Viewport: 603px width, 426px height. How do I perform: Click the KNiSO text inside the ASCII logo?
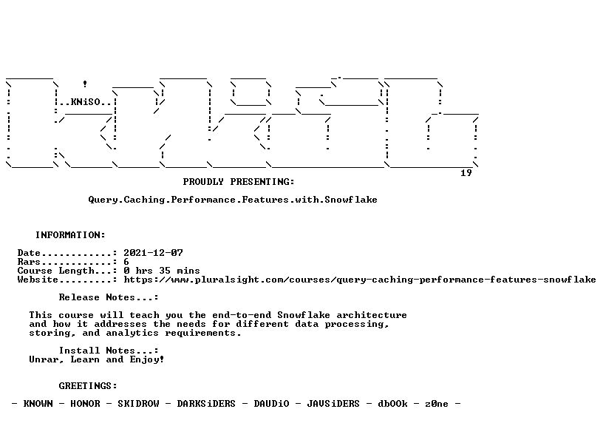(86, 102)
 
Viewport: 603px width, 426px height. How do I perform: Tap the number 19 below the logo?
(466, 173)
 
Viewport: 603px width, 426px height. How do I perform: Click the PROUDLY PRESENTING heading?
(239, 182)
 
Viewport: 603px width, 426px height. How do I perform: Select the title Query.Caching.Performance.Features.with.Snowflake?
(233, 200)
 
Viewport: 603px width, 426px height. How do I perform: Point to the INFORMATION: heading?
(70, 235)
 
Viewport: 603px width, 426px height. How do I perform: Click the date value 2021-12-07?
(153, 253)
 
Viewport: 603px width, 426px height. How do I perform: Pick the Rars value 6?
(126, 262)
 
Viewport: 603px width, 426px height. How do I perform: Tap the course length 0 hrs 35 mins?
(162, 271)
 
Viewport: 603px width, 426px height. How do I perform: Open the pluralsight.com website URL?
(360, 280)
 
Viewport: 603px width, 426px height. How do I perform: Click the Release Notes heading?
(109, 297)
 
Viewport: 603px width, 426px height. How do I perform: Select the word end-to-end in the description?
(242, 315)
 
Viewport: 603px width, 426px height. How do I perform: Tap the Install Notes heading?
(109, 351)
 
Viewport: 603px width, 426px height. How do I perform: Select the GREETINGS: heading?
(88, 386)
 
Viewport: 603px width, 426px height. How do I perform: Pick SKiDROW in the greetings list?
(138, 404)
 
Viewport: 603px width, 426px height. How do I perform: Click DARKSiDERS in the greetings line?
(206, 404)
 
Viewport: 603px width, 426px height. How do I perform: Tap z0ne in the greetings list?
(437, 404)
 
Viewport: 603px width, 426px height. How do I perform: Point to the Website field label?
(38, 280)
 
